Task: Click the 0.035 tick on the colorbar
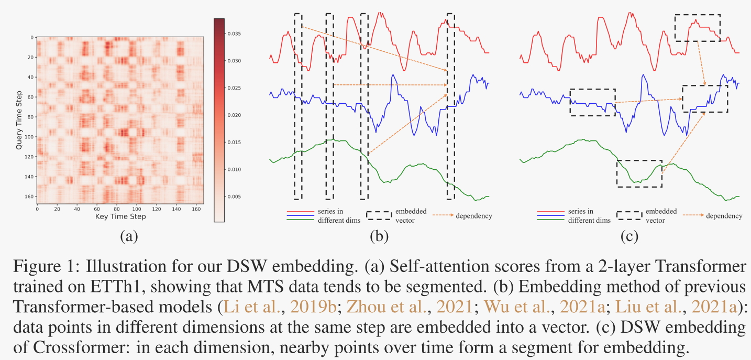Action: tap(234, 34)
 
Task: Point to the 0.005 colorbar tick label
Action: tap(234, 197)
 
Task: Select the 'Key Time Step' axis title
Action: tap(120, 216)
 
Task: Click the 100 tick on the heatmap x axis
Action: tap(137, 209)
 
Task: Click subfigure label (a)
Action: tap(128, 237)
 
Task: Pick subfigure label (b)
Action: tap(379, 237)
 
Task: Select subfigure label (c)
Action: tap(629, 237)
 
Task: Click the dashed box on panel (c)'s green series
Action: tap(639, 173)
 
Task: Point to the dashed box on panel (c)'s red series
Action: tap(698, 27)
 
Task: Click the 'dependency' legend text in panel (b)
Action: tap(474, 216)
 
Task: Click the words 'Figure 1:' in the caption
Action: tap(39, 267)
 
